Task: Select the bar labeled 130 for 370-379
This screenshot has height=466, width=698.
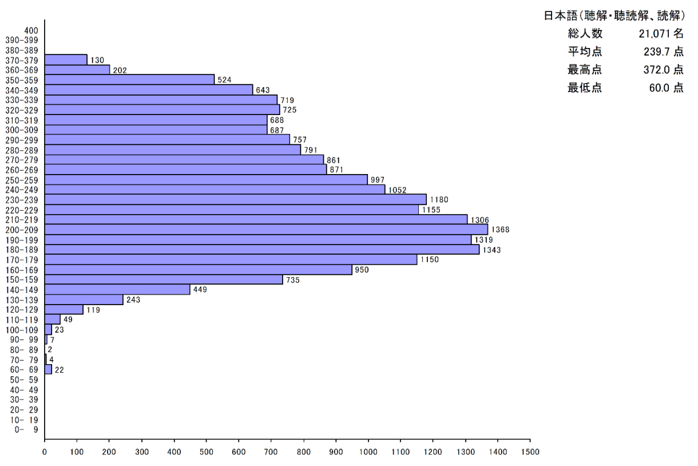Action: pos(66,60)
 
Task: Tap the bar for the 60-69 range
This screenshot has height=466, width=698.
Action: pos(48,369)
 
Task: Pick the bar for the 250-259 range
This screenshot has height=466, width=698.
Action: pos(206,180)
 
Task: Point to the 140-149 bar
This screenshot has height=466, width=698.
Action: pos(117,290)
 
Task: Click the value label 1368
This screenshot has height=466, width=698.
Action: pos(500,230)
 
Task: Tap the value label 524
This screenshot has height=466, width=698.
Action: pos(224,80)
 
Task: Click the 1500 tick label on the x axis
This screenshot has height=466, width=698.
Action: pos(530,451)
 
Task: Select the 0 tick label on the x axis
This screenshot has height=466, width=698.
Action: pos(45,451)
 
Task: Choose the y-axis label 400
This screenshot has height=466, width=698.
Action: pos(31,30)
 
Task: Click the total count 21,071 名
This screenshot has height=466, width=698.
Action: pos(661,34)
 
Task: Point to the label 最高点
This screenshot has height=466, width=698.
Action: pos(585,70)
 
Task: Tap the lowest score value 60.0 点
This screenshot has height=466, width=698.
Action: pos(666,89)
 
